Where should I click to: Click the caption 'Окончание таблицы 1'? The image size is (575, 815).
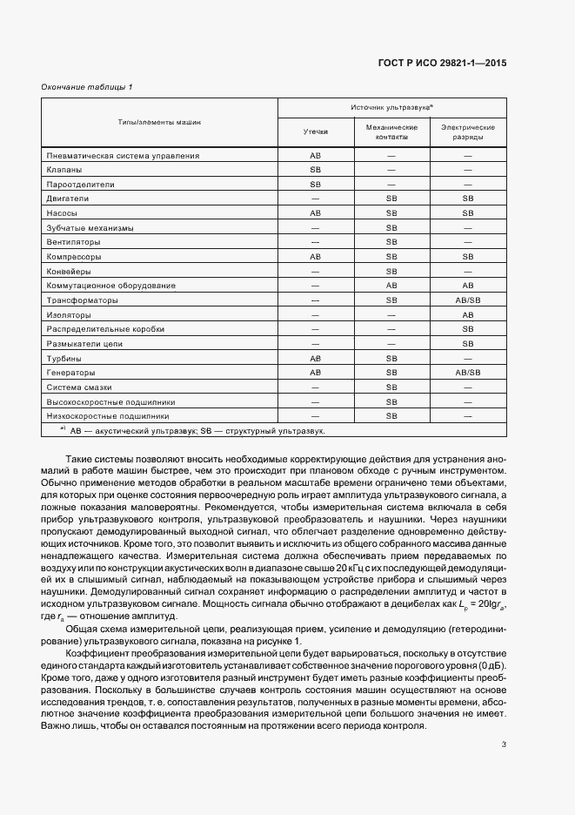tap(87, 87)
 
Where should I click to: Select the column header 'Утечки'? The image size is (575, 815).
tap(315, 131)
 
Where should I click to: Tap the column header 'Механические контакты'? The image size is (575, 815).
tap(391, 131)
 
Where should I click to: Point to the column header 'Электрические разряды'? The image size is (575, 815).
tap(468, 131)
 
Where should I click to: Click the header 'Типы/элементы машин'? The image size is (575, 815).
tap(159, 121)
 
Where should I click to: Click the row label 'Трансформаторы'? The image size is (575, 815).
tap(80, 300)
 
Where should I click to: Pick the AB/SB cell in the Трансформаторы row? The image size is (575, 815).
tap(468, 300)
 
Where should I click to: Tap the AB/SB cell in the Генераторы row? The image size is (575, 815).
tap(468, 373)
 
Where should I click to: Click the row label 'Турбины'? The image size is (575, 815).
tap(65, 359)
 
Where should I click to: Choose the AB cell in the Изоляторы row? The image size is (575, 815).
tap(468, 314)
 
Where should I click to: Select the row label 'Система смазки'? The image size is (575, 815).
tap(80, 387)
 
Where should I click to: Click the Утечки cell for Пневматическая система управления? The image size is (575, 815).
tap(315, 155)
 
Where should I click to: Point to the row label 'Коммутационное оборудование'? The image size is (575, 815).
tap(111, 286)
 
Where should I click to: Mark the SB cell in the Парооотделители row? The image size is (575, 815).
tap(315, 185)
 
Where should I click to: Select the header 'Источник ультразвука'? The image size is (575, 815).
tap(391, 106)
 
